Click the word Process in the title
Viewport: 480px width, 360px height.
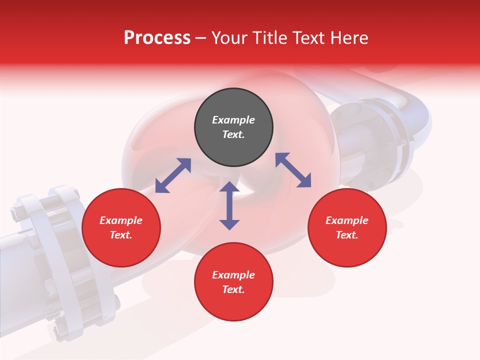click(157, 37)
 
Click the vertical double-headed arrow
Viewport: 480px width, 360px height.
click(229, 205)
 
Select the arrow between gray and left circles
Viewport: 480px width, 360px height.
click(173, 175)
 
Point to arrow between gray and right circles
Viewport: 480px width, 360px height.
click(293, 170)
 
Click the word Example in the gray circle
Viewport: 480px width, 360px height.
click(233, 120)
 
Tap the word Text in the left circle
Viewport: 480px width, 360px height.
click(121, 235)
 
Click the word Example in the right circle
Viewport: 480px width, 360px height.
click(347, 220)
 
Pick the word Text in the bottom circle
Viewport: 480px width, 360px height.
click(233, 289)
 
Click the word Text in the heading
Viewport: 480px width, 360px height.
click(308, 37)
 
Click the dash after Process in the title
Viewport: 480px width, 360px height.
click(200, 38)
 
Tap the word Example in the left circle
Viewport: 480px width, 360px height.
click(121, 220)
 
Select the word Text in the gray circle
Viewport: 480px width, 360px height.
click(233, 134)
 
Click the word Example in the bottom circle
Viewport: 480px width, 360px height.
click(233, 275)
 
